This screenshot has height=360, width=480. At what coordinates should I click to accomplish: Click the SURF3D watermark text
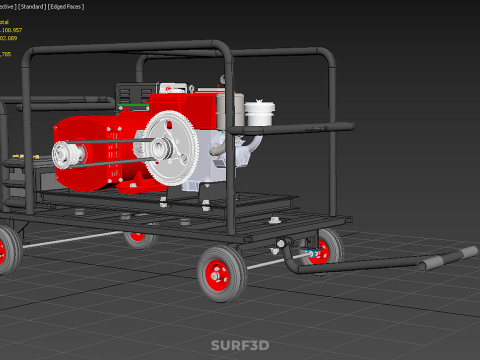tap(239, 346)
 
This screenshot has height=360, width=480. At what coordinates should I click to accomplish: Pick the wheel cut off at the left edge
tap(6, 249)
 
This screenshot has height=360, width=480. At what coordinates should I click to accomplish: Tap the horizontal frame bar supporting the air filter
tap(300, 128)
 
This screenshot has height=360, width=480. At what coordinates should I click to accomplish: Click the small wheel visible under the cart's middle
tap(139, 237)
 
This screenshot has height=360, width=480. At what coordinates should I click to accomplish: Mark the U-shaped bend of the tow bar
tap(293, 260)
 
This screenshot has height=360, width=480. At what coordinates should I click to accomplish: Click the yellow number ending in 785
tap(6, 54)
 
